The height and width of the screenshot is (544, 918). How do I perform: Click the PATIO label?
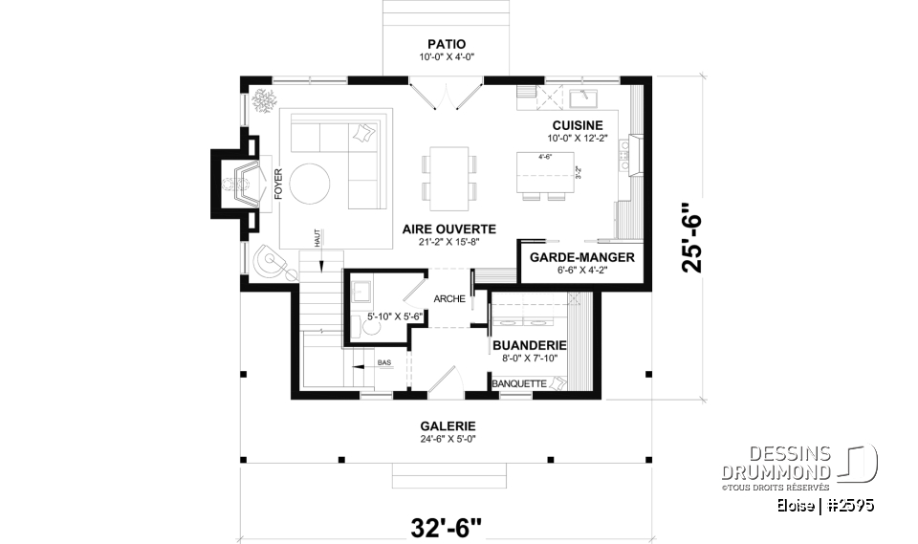click(448, 44)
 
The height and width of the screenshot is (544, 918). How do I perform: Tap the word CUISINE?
click(577, 125)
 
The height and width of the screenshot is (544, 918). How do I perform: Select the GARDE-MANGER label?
click(581, 257)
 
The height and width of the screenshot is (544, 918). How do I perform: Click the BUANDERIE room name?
click(530, 345)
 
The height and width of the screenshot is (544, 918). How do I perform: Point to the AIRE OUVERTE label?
click(448, 228)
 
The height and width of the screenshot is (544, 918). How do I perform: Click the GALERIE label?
click(448, 426)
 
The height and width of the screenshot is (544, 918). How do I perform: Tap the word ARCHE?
click(449, 299)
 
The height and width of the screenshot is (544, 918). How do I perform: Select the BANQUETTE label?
click(519, 384)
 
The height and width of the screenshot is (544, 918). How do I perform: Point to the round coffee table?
click(314, 183)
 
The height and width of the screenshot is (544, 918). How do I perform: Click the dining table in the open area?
click(448, 178)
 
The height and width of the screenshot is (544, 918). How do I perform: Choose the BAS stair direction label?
click(383, 363)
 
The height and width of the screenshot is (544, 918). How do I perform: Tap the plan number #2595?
click(850, 505)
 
